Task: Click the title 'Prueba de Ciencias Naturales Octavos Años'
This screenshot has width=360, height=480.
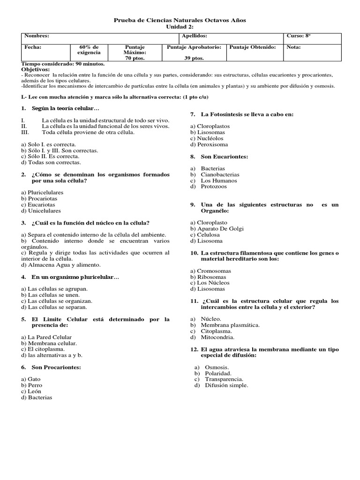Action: (180, 20)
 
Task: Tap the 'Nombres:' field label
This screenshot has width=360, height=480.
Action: (37, 36)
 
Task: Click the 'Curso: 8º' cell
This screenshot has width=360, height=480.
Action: (299, 36)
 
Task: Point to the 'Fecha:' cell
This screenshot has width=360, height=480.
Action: (33, 47)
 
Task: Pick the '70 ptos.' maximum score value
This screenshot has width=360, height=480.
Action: (135, 58)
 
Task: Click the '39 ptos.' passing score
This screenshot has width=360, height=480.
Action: (194, 58)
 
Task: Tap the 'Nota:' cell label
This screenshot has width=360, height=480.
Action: (294, 47)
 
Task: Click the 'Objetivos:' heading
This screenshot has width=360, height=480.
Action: (36, 69)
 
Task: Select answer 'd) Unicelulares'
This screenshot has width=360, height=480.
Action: (41, 210)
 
